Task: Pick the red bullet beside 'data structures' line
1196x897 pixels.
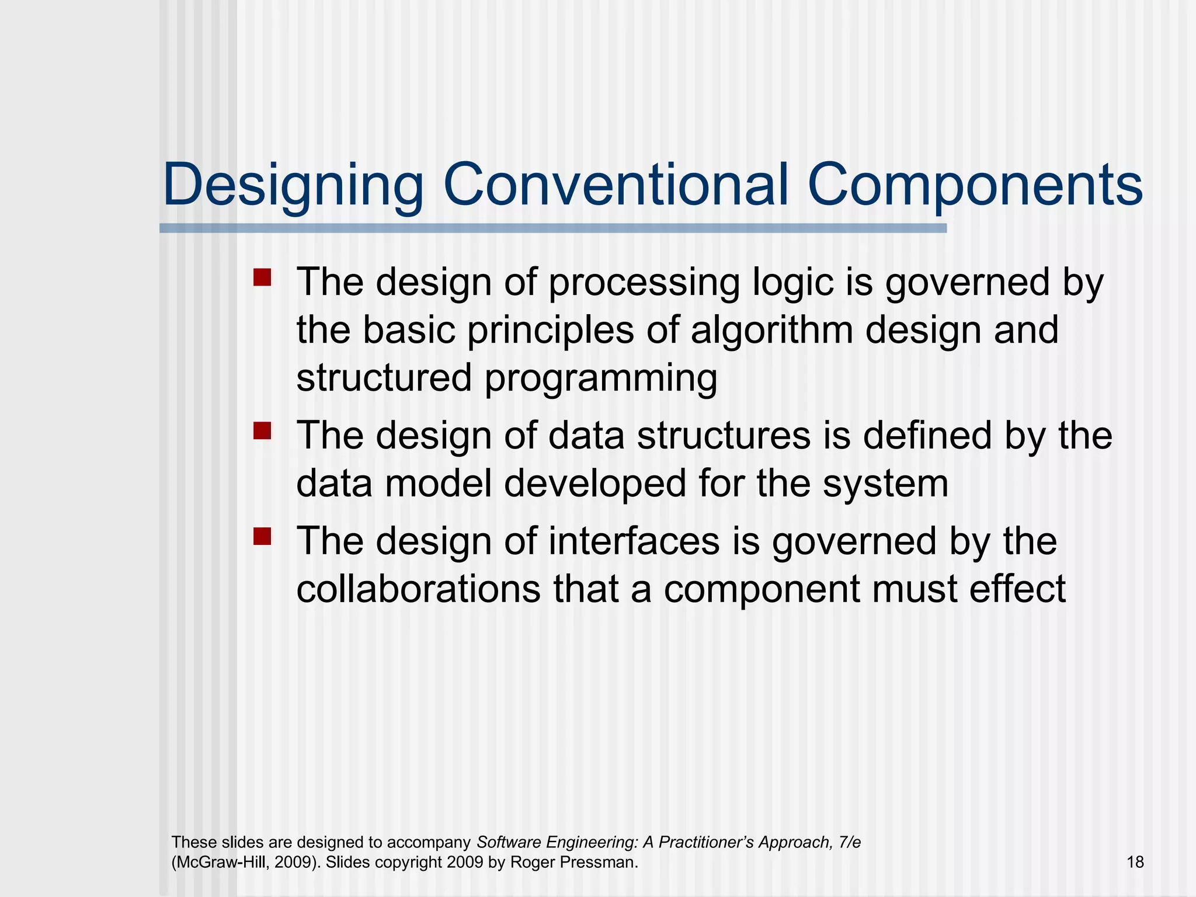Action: tap(262, 431)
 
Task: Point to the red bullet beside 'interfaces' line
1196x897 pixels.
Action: tap(262, 536)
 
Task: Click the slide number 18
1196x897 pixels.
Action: tap(1135, 862)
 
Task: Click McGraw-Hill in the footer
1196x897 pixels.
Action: tap(220, 862)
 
